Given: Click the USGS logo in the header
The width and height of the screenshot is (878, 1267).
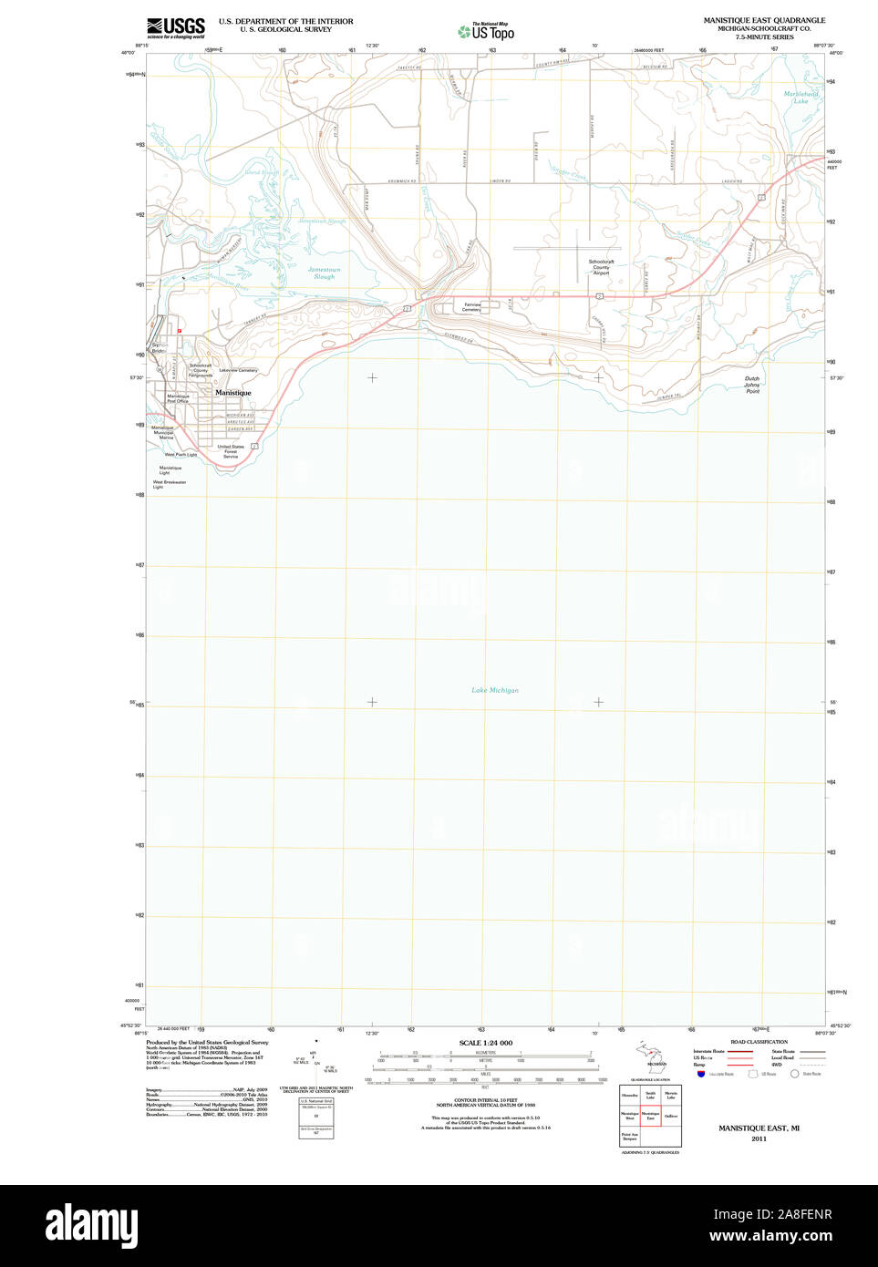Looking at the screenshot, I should tap(176, 27).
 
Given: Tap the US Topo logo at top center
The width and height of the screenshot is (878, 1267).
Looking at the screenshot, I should tap(487, 31).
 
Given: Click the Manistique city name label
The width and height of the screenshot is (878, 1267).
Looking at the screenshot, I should tap(232, 393).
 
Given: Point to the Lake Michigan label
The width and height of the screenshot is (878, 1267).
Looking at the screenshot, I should tap(494, 690).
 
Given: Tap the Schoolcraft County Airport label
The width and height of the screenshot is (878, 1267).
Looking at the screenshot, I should tap(601, 267).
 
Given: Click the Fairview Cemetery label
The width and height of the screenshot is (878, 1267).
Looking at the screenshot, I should tap(471, 307).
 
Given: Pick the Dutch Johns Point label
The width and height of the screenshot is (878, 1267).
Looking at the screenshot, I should tap(751, 385).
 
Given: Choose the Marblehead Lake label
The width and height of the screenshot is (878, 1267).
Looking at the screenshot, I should tap(801, 98).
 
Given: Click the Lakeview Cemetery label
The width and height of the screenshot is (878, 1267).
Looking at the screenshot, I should tap(238, 370).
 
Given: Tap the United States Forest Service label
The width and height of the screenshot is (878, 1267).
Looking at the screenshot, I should tap(231, 451).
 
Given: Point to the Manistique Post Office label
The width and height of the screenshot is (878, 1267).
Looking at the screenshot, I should tap(179, 398).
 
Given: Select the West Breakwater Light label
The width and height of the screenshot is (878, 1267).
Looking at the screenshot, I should tap(169, 484).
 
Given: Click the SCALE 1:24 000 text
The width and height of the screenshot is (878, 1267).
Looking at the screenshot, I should tap(485, 1043).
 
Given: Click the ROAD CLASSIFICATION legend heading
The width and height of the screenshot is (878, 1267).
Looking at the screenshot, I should tap(759, 1042).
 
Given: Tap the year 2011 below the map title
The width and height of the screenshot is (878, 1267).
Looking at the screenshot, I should tap(759, 1138).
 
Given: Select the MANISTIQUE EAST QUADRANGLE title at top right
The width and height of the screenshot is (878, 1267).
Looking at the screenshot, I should tap(764, 20).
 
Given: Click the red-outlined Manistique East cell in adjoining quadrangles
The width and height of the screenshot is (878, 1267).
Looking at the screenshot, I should tap(650, 1115).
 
